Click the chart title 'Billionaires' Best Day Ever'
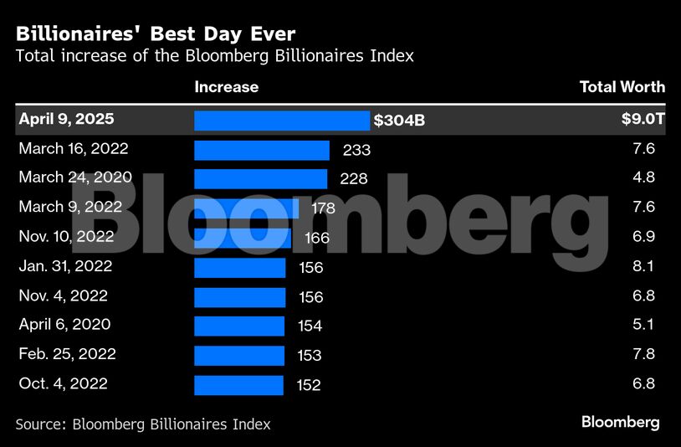[x=155, y=34]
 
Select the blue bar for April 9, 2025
[x=281, y=121]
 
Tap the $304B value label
[x=399, y=121]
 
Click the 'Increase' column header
[x=226, y=87]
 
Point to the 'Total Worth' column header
[x=622, y=87]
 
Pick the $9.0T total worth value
[x=643, y=120]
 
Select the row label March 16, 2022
[x=74, y=149]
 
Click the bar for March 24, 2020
[x=260, y=179]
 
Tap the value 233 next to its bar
[x=356, y=151]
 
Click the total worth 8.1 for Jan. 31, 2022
[x=644, y=267]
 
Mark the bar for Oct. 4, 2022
[x=238, y=385]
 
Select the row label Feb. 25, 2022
[x=67, y=354]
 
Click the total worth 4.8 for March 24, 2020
[x=644, y=177]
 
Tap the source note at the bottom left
[x=142, y=424]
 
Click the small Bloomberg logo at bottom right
[x=620, y=422]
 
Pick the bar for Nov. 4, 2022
[x=239, y=297]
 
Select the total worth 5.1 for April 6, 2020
[x=644, y=325]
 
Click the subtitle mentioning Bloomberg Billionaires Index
[x=214, y=57]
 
